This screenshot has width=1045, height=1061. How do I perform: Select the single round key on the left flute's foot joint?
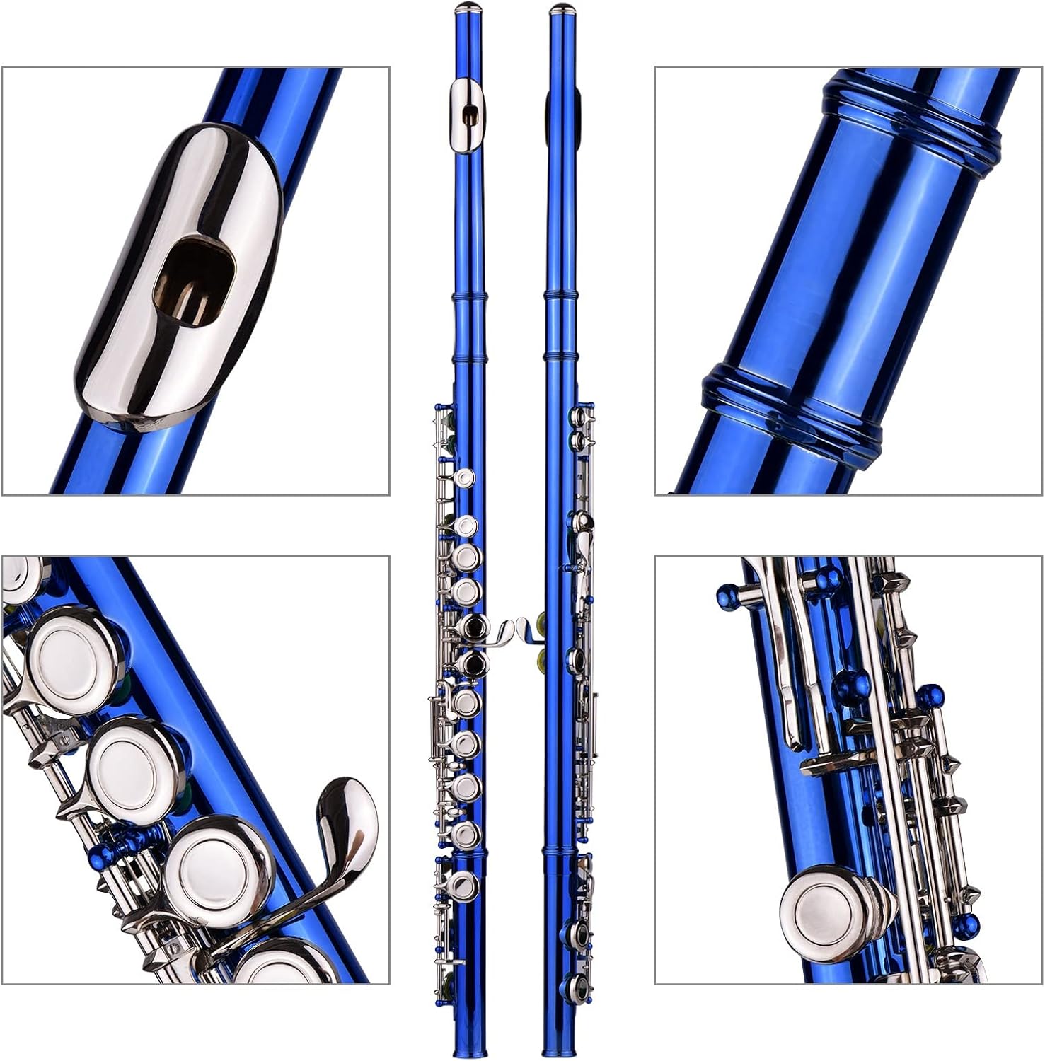click(464, 883)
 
